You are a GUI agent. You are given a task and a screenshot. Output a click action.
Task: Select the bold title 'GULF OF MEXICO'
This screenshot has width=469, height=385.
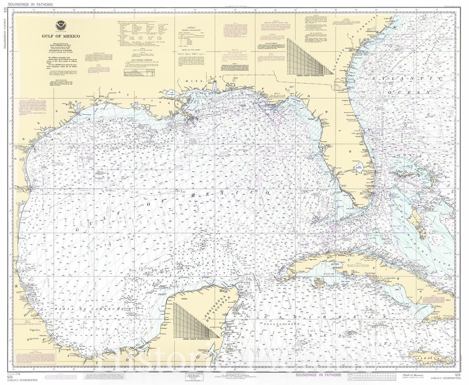click(x=60, y=36)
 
